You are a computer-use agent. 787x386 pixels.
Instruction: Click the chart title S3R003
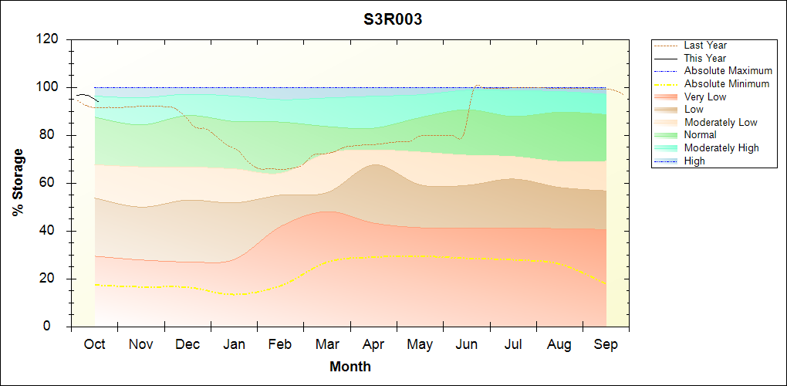click(x=393, y=20)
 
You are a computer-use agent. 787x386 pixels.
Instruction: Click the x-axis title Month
click(x=350, y=367)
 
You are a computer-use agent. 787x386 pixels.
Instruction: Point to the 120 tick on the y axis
click(x=50, y=39)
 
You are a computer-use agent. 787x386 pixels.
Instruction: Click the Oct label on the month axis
click(x=94, y=344)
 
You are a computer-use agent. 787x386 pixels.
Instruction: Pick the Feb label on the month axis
click(x=280, y=344)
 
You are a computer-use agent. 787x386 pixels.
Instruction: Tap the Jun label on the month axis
click(x=466, y=344)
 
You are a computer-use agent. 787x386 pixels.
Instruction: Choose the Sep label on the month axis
click(x=606, y=344)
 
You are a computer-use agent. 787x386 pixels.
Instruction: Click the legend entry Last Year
click(x=705, y=46)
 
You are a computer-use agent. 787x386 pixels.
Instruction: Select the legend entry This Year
click(x=705, y=58)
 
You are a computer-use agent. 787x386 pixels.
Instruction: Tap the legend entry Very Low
click(x=705, y=96)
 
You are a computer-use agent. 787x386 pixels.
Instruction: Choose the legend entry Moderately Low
click(x=721, y=122)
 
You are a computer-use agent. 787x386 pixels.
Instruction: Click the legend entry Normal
click(x=701, y=135)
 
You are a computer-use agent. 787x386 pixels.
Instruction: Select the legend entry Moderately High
click(x=721, y=147)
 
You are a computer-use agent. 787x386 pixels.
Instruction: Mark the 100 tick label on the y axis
click(x=50, y=87)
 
